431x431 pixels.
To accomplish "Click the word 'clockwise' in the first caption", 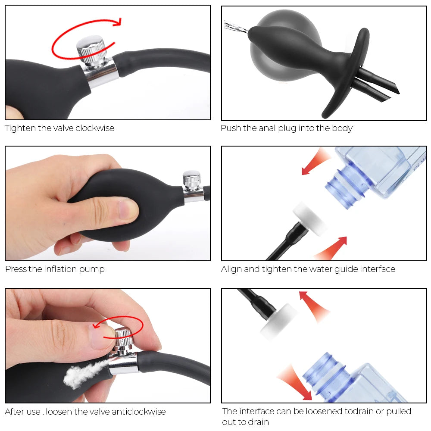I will coord(95,128).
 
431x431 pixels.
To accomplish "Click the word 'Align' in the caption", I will coord(231,269).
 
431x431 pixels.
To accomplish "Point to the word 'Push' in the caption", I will coord(231,128).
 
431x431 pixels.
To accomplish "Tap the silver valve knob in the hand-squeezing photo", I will coord(191,180).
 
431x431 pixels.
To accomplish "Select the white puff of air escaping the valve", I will coord(82,373).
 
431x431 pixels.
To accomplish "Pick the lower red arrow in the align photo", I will coord(332,247).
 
